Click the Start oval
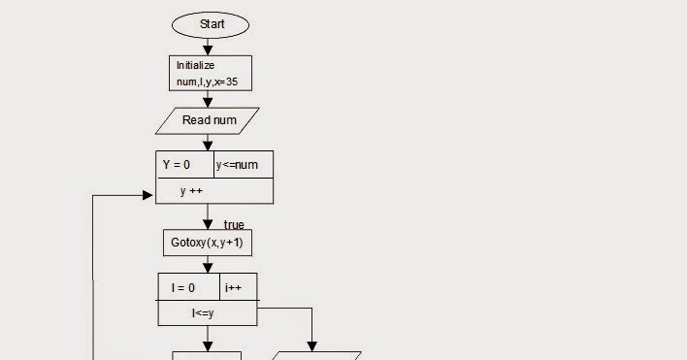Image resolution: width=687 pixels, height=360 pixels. click(210, 23)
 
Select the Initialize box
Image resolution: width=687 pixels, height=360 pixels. click(210, 73)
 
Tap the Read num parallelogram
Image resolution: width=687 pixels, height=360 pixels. click(210, 120)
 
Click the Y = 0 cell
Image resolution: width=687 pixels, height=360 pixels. click(184, 165)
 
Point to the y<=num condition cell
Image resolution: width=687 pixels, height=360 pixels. click(244, 165)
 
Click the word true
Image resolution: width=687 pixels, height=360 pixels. click(234, 225)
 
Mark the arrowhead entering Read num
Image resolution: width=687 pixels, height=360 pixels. click(208, 102)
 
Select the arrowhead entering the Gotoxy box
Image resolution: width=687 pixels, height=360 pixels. click(208, 223)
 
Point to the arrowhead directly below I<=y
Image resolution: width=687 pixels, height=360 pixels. click(208, 344)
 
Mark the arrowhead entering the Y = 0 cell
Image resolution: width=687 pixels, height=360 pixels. click(208, 146)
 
